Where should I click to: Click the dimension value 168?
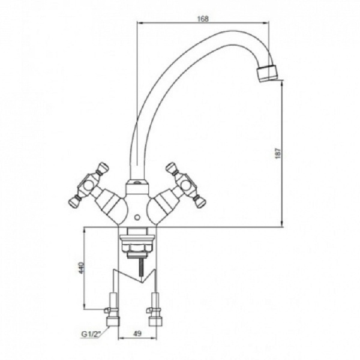(203, 19)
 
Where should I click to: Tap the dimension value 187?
(278, 154)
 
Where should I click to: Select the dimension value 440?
(82, 268)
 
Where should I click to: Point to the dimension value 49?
(137, 334)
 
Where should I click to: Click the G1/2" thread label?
(91, 334)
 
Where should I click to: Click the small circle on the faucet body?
(137, 217)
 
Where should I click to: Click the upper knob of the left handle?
(103, 167)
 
